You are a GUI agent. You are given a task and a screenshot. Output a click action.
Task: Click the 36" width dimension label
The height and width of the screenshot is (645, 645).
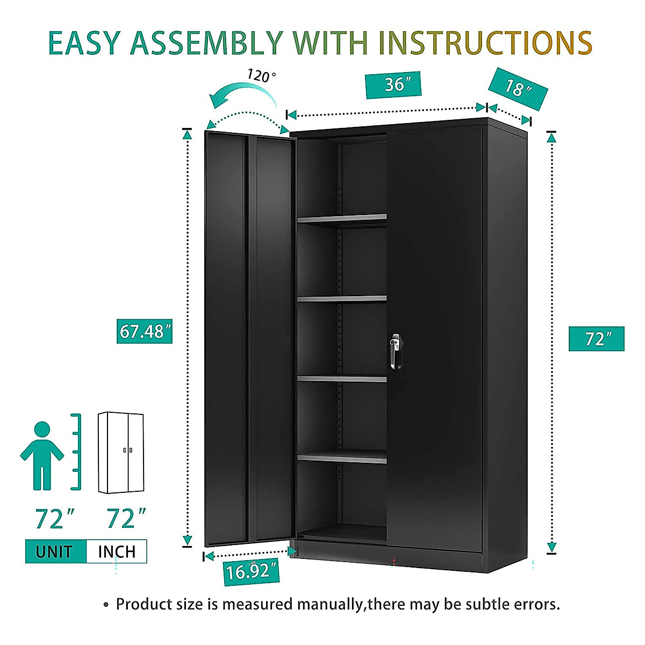tap(393, 85)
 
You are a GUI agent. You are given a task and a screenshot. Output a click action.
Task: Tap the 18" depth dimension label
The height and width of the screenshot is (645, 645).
tap(518, 89)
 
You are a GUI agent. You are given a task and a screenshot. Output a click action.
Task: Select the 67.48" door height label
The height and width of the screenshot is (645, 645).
tap(145, 331)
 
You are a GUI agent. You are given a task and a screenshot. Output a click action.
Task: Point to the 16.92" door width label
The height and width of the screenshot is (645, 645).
tap(252, 571)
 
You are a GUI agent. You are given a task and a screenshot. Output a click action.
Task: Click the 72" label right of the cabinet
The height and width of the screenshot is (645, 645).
tap(597, 339)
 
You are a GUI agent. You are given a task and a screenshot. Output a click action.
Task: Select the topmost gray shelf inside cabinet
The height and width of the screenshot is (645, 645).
tap(342, 218)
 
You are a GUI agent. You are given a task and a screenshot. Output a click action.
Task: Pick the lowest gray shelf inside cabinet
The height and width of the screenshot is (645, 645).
tap(342, 458)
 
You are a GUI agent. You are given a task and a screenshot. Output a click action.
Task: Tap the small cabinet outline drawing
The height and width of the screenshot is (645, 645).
tap(121, 453)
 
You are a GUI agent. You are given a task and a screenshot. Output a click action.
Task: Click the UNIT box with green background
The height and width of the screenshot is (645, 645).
tap(55, 551)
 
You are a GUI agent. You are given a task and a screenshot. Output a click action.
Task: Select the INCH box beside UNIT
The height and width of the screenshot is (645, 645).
tap(117, 551)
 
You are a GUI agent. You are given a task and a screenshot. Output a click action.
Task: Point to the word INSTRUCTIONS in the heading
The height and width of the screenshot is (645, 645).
tap(485, 43)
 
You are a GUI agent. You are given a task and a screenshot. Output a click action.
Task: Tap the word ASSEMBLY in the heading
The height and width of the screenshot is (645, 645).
tap(207, 43)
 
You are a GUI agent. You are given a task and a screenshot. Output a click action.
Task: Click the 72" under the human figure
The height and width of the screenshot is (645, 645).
tap(55, 519)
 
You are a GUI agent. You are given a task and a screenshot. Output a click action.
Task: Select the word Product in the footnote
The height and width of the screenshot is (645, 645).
tap(142, 604)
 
